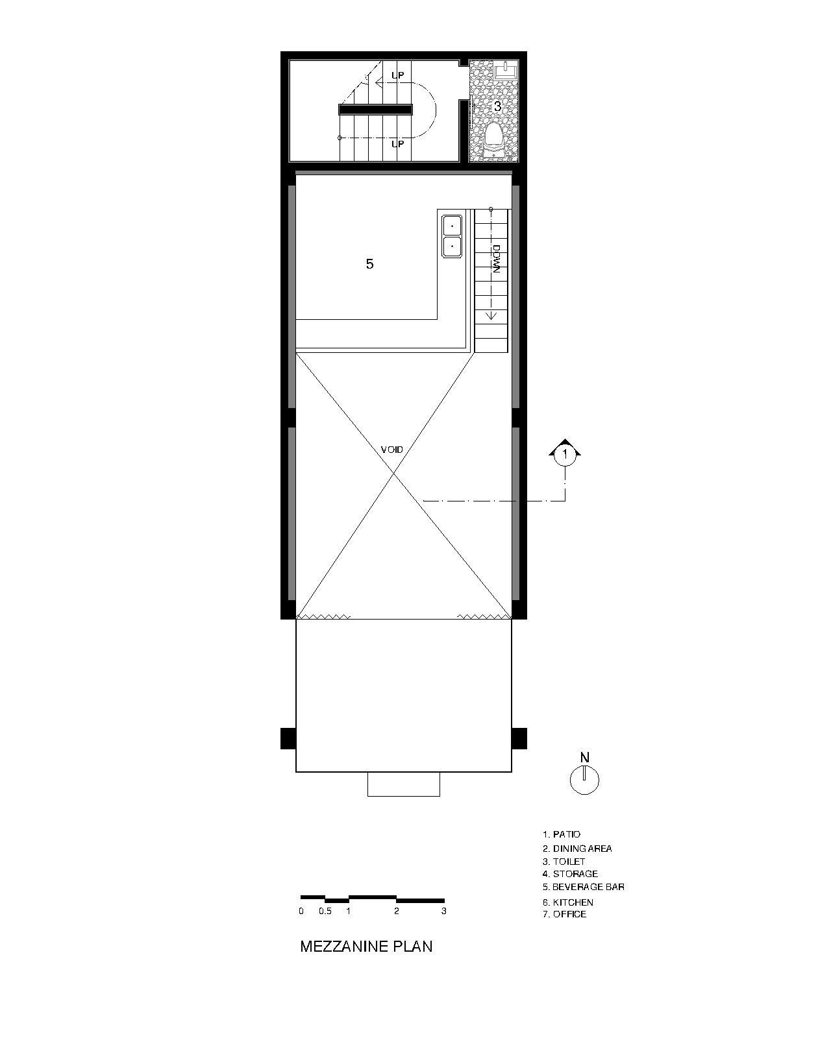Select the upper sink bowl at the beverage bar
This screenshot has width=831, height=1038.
451,225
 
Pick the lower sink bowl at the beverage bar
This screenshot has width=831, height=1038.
451,247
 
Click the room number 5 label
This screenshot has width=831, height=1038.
369,263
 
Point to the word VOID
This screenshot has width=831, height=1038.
392,449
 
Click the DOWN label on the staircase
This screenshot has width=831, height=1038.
495,258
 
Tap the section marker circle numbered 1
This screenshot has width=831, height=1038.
565,454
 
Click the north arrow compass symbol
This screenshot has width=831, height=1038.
584,780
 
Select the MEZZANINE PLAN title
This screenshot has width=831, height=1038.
366,946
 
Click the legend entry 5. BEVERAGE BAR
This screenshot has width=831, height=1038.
584,887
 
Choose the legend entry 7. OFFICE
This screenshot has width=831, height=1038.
564,914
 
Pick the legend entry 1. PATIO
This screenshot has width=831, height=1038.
562,834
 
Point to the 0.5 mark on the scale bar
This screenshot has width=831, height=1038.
325,911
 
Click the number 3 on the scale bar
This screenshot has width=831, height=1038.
444,911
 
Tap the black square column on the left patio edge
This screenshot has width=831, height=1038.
288,738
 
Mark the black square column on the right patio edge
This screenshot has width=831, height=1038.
519,738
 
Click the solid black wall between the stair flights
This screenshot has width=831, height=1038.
375,110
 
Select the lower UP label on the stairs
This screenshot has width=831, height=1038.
397,143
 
